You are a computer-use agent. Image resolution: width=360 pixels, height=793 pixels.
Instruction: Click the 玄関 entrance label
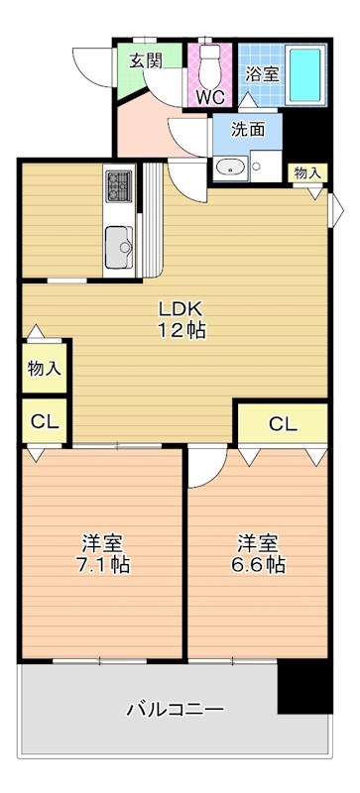tap(146, 60)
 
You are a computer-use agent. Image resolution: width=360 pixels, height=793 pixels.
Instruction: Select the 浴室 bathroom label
tap(261, 73)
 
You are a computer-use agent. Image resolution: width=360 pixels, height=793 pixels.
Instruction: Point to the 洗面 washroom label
tap(248, 128)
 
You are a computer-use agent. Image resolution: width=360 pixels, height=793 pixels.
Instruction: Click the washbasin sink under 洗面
tap(231, 167)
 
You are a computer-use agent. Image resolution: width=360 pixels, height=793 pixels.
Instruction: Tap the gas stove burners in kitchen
tap(120, 184)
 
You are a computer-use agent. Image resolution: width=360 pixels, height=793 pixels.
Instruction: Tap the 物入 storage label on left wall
tap(44, 369)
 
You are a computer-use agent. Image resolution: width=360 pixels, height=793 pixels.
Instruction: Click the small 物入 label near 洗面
tap(306, 172)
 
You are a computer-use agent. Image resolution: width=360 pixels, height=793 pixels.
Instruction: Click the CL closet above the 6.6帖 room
tap(283, 424)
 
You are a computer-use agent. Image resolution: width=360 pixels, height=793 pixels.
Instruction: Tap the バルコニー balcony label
tap(175, 709)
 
